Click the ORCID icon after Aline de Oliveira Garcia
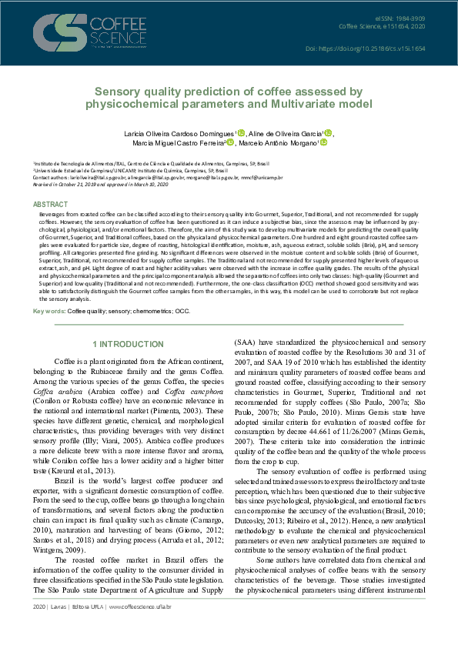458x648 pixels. (x=328, y=133)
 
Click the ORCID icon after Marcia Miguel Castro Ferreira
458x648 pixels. (x=229, y=142)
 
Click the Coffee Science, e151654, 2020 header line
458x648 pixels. (x=382, y=26)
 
